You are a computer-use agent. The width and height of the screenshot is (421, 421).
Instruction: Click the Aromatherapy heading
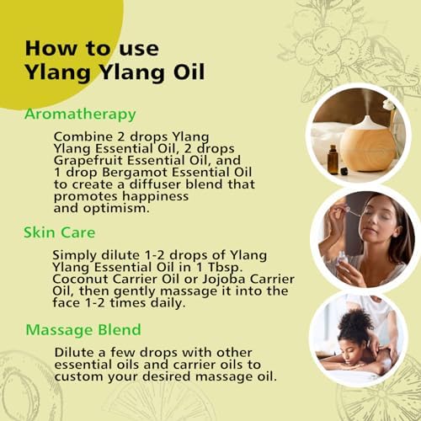pos(80,115)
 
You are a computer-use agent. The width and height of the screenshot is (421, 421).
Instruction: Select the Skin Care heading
pos(60,232)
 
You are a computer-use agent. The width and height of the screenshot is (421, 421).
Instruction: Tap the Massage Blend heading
pos(83,330)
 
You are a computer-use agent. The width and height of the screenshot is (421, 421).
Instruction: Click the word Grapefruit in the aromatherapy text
pos(88,161)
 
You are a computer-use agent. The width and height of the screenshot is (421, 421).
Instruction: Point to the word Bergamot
pos(135,173)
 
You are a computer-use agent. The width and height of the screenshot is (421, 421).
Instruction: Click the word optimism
pos(116,209)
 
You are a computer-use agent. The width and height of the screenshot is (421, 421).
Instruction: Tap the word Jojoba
pos(224,279)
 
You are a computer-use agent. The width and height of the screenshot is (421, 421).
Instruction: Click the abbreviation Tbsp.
pos(224,268)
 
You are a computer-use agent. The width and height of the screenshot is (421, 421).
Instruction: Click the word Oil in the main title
pos(189,72)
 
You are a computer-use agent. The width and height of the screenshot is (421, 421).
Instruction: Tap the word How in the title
pos(51,49)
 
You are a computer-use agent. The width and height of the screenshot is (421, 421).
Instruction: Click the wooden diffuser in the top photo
pos(368,146)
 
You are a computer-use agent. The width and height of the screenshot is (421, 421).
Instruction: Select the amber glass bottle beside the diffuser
pos(333,160)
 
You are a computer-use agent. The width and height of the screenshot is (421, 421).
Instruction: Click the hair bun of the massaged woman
pos(356,322)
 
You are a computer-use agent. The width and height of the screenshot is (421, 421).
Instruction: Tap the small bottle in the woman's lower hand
pos(343,258)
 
